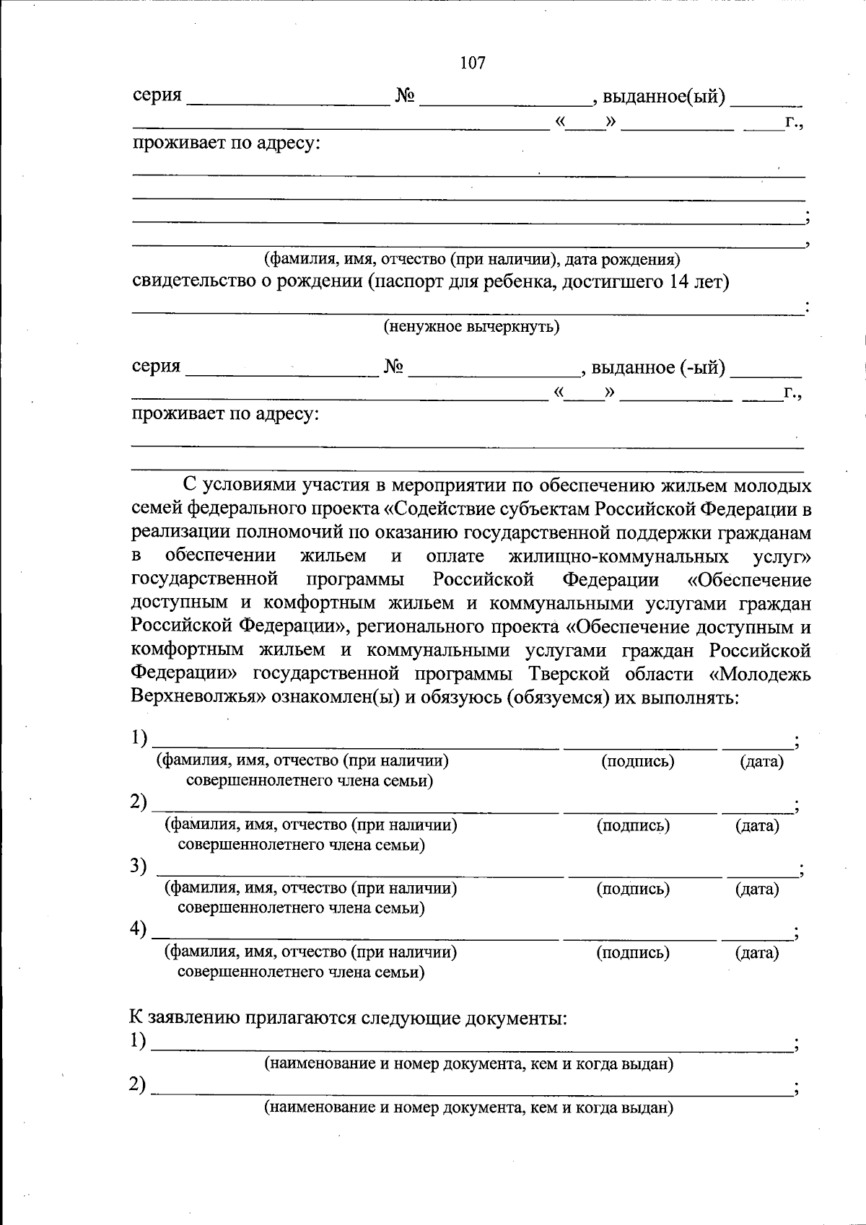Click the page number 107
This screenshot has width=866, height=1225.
click(x=472, y=63)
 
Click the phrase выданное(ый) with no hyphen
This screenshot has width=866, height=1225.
click(x=663, y=97)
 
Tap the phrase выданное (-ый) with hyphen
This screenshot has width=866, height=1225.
click(x=657, y=368)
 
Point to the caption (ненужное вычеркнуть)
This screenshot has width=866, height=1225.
click(x=471, y=327)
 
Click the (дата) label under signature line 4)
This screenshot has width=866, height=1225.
click(x=757, y=952)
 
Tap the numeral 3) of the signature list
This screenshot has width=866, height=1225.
click(x=139, y=866)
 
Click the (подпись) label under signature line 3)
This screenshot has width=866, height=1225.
click(x=633, y=889)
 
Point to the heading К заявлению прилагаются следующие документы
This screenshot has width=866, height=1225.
click(x=348, y=1018)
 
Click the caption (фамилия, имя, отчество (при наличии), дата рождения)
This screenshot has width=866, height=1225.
click(x=471, y=259)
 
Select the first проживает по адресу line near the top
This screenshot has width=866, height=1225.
click(x=226, y=143)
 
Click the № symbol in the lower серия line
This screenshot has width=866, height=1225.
click(x=393, y=367)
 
